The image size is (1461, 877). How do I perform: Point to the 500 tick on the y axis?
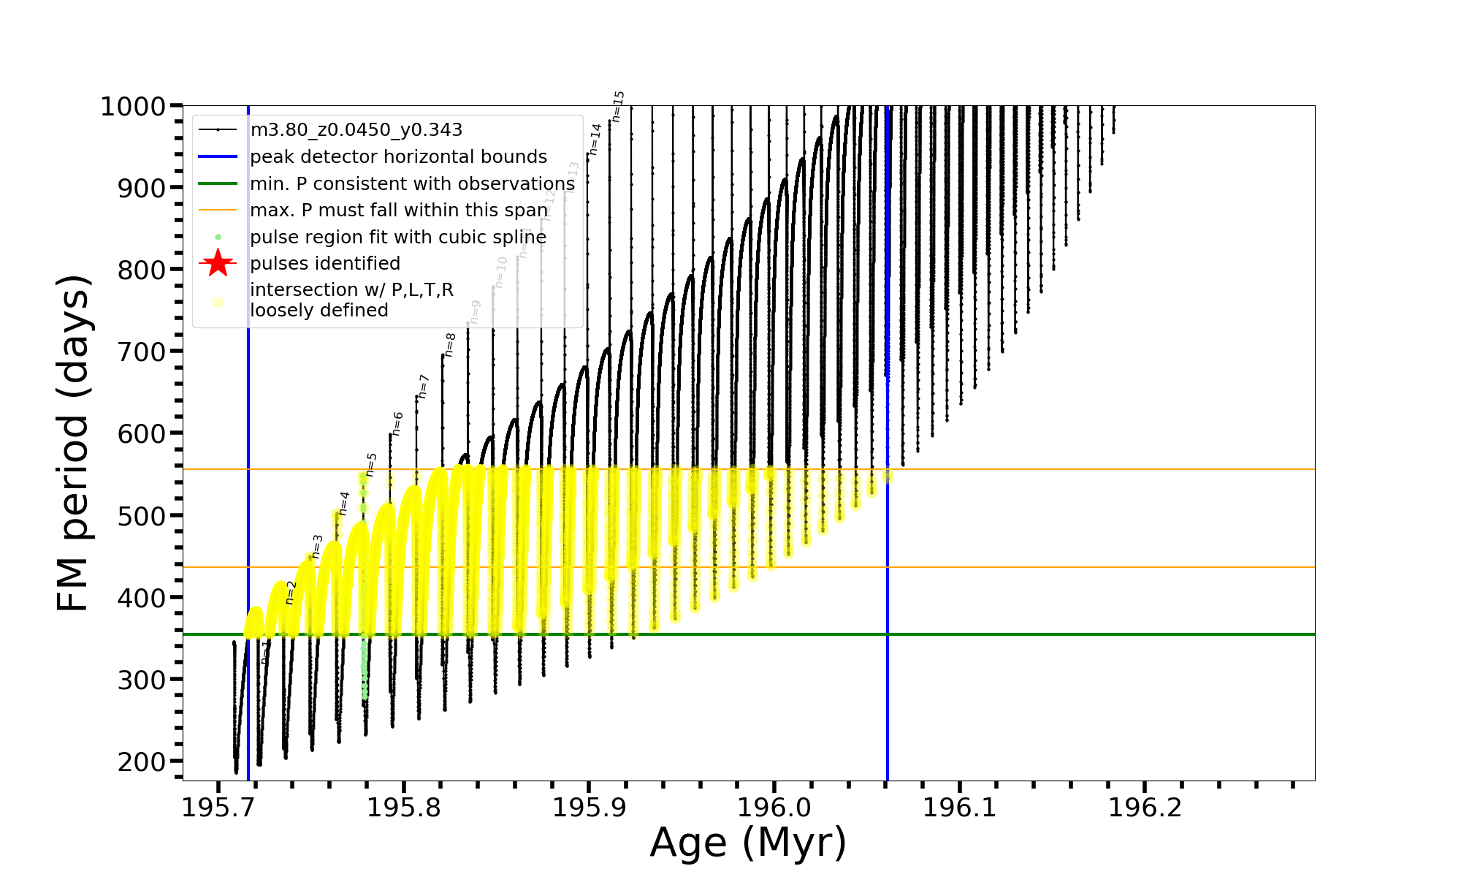143,516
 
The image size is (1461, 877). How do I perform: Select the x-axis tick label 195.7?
217,808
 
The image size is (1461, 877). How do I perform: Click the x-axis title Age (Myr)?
748,843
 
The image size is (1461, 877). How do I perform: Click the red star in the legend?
218,263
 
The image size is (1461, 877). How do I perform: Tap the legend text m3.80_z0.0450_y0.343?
356,130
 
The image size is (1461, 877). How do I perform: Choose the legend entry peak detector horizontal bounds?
398,157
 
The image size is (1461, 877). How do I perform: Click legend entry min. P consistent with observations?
412,183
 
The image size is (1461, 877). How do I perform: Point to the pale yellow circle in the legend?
218,301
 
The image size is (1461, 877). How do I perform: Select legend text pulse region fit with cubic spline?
398,238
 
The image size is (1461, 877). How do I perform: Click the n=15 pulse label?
618,106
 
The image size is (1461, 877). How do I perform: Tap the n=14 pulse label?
595,139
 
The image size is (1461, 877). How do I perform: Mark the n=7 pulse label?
424,386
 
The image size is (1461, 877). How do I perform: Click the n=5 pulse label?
372,464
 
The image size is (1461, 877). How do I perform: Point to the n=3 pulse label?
317,546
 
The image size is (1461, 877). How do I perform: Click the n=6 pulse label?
398,423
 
